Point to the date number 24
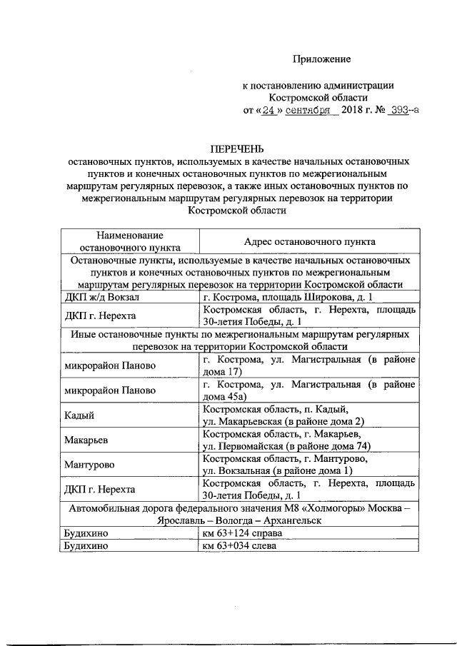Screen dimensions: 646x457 click(x=268, y=111)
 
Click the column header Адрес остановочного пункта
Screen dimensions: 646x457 click(x=310, y=242)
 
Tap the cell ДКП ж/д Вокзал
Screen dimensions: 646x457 click(x=97, y=296)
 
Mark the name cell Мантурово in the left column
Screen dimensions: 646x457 click(x=89, y=465)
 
